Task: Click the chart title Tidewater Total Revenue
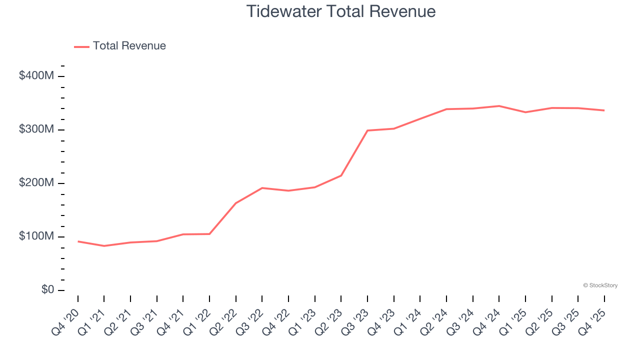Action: pos(341,11)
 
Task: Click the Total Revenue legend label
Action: pos(129,46)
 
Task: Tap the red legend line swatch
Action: pos(81,46)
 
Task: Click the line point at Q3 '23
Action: pos(367,130)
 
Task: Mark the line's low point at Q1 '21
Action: pos(104,246)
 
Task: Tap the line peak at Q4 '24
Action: pos(499,106)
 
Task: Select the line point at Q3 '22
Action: pos(262,188)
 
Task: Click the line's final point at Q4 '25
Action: pos(604,110)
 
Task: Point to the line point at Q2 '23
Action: pos(341,175)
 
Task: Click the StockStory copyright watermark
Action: pos(600,285)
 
